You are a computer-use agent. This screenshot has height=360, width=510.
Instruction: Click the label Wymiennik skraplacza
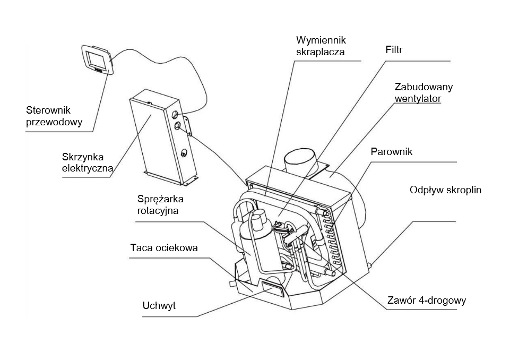[321, 46]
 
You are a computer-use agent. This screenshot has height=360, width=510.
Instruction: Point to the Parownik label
[392, 152]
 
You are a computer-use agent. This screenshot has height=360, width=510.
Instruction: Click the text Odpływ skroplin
[445, 190]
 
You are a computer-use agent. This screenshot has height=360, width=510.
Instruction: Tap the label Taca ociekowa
[163, 248]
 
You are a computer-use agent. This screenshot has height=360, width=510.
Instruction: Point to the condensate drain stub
[371, 262]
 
